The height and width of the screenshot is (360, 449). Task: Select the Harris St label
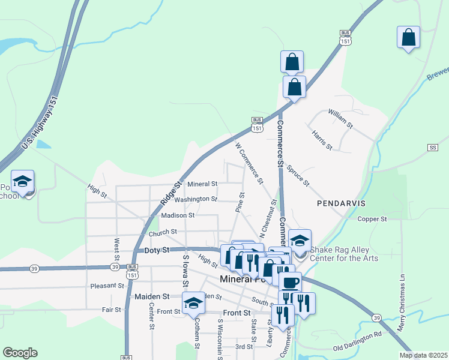tap(322, 139)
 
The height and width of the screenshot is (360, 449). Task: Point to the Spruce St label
tap(297, 175)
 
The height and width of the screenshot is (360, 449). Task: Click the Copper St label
tap(373, 219)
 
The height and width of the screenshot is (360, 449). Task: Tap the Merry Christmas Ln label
tap(403, 303)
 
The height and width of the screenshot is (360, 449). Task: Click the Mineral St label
tap(202, 184)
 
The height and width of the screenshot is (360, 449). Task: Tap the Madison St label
tap(178, 215)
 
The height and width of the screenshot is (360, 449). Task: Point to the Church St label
tap(163, 232)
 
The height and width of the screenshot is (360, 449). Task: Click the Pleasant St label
tap(107, 286)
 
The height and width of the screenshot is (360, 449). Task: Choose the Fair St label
tap(112, 310)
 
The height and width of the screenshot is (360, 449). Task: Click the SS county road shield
tap(433, 148)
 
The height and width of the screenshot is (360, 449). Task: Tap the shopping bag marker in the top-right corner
tap(408, 38)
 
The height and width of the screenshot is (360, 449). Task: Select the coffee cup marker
tap(290, 283)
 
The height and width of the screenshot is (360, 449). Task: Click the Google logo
tap(20, 353)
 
